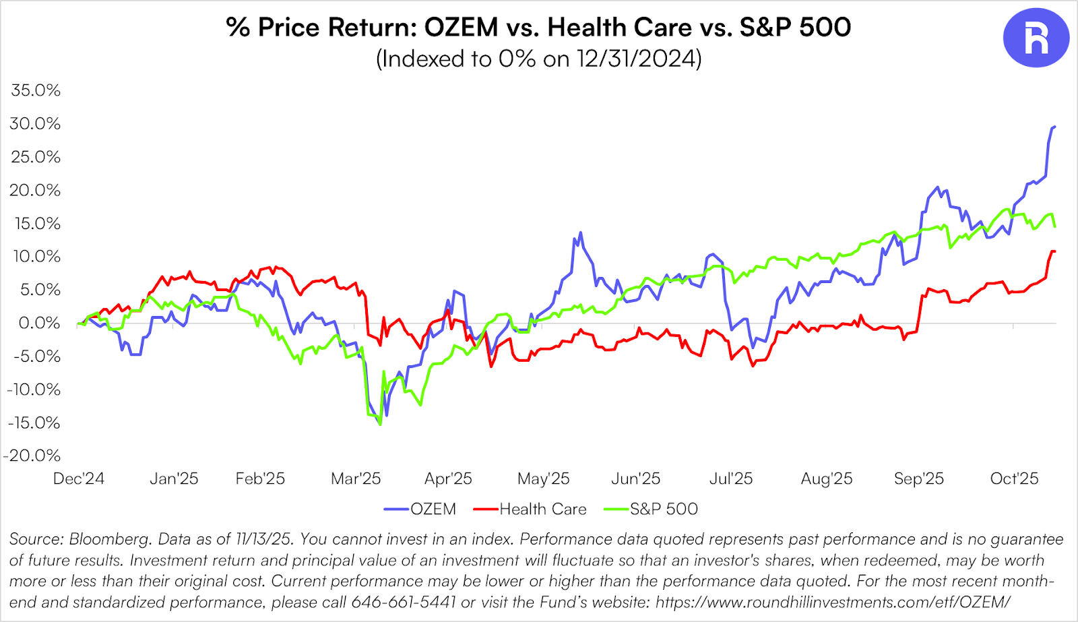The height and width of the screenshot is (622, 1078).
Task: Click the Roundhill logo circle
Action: [1036, 38]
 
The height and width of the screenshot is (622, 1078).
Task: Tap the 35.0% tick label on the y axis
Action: [36, 90]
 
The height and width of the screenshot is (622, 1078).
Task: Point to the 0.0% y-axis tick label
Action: [39, 323]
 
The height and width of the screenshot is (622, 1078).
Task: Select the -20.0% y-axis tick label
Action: [32, 456]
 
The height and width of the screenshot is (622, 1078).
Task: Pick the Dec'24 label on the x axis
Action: [79, 478]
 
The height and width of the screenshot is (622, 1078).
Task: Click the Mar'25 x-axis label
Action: [356, 478]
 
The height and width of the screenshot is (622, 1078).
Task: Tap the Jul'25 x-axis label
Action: [731, 478]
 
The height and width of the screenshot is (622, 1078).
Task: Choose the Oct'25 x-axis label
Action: [1014, 478]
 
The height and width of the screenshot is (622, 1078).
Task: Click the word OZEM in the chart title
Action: [461, 27]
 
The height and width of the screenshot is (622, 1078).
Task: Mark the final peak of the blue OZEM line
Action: [1054, 127]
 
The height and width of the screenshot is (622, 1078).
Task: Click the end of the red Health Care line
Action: [1054, 251]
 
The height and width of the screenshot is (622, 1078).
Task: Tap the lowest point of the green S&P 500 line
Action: [381, 425]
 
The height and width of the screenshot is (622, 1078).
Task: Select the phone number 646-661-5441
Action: [404, 602]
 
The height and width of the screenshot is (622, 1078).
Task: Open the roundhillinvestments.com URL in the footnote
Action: [833, 602]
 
